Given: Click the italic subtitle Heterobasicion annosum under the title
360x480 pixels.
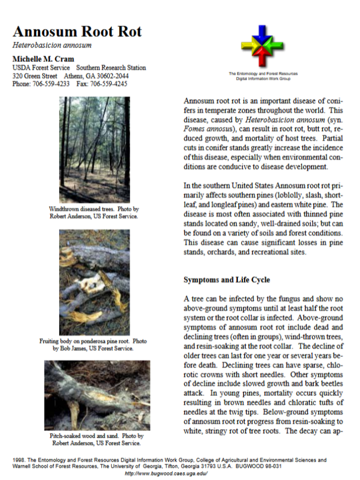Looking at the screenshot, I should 52,46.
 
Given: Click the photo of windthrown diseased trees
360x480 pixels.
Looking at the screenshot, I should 94,149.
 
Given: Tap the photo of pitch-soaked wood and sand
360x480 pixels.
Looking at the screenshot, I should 97,395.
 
